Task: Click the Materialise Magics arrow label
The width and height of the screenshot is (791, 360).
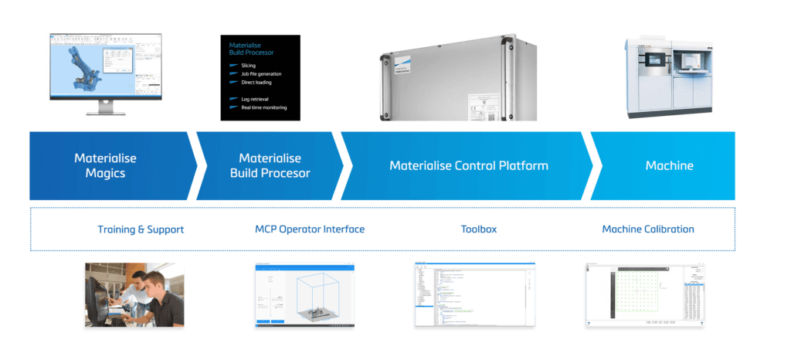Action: [105, 166]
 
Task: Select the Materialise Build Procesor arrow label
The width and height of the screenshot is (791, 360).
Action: [270, 166]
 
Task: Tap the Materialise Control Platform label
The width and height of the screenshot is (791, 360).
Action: [469, 166]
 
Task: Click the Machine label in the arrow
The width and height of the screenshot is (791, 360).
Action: [669, 166]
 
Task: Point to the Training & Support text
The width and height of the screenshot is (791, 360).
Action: [141, 229]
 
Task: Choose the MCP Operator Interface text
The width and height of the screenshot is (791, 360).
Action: [310, 229]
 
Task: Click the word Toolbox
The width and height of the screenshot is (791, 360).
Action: [479, 229]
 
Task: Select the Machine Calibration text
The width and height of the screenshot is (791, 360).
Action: [648, 229]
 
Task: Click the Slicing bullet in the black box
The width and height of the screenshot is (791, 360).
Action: [248, 66]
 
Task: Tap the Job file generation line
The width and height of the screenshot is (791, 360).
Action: [261, 74]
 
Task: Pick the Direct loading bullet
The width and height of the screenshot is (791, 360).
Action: [256, 82]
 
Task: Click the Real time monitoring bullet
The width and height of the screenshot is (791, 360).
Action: [263, 107]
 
